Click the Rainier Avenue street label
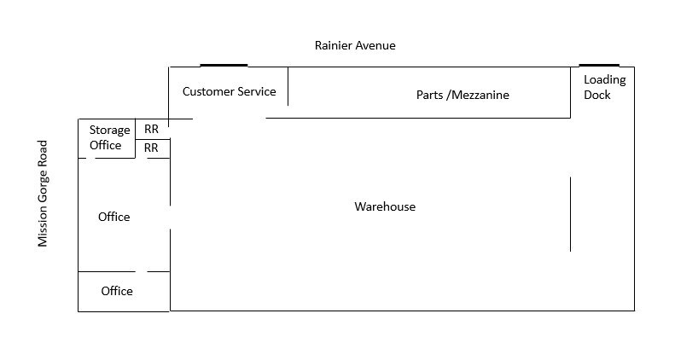pos(355,45)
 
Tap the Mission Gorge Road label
pos(44,194)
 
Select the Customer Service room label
pos(229,91)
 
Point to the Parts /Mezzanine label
pos(462,95)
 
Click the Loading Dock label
pos(604,87)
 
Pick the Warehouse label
pos(385,206)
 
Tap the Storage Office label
pos(109,137)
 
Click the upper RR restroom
pos(151,129)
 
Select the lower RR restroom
pos(151,148)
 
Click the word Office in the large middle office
pos(113,217)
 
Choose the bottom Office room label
pos(117,291)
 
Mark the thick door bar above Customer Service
pos(224,65)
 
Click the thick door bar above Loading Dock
pos(599,65)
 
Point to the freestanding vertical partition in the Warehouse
pos(570,213)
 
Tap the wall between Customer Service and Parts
pos(288,85)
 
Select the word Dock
pos(597,95)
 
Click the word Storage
pos(110,130)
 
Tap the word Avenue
pos(375,45)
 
